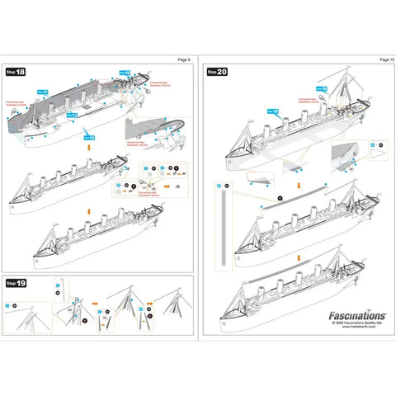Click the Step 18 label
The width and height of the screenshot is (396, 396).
click(x=16, y=73)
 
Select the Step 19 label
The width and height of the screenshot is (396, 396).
click(x=16, y=283)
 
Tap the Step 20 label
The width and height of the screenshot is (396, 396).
click(x=218, y=73)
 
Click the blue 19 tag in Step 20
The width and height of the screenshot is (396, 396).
click(x=323, y=87)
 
